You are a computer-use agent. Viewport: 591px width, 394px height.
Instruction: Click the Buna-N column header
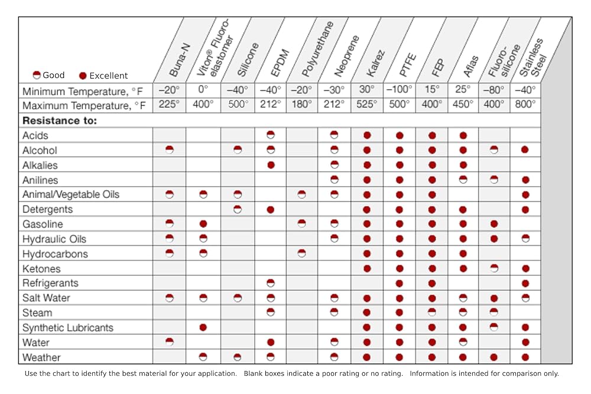[x=180, y=60]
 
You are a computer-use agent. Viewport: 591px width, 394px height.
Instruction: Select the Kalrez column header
[x=376, y=63]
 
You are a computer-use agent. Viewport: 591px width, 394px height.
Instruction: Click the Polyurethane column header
[x=318, y=49]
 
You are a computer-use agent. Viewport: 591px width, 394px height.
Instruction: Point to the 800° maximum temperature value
[x=525, y=105]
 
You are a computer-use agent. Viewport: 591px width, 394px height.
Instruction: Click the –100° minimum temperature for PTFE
[x=400, y=90]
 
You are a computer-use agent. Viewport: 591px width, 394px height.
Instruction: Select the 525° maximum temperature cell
[x=367, y=105]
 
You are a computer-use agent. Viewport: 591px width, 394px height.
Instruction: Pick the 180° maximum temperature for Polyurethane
[x=301, y=105]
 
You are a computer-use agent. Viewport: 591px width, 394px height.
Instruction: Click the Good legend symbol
[x=37, y=75]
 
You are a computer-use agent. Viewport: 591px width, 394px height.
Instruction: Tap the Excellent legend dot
[x=83, y=76]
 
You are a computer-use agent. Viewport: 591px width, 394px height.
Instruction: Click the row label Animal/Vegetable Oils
[x=71, y=194]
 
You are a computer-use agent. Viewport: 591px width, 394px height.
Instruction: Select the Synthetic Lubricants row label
[x=68, y=328]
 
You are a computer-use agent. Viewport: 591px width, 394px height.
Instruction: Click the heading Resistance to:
[x=60, y=121]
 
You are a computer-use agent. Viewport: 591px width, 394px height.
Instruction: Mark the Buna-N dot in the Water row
[x=170, y=342]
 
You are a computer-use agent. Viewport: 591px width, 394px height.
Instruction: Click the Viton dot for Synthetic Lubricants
[x=203, y=327]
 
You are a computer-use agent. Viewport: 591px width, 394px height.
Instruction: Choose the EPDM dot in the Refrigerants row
[x=271, y=283]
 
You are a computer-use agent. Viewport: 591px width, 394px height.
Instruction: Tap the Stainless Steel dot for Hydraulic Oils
[x=525, y=239]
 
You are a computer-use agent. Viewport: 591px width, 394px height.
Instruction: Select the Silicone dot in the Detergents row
[x=238, y=209]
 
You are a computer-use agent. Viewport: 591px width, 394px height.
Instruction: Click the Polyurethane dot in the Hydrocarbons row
[x=301, y=253]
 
